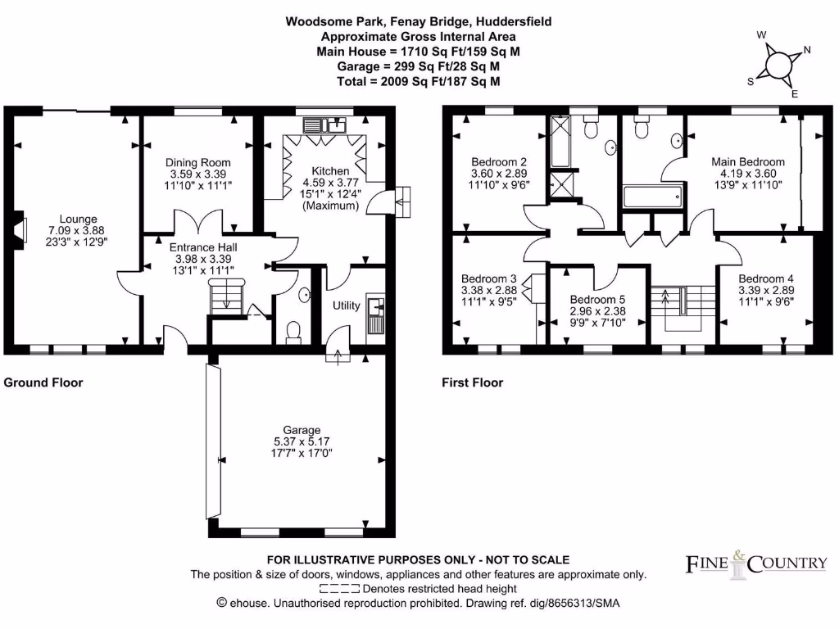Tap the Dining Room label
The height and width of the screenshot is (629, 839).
198,162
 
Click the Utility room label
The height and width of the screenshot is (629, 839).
347,305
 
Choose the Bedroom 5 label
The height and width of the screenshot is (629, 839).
598,299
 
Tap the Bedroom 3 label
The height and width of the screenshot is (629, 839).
488,278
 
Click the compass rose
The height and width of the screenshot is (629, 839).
778,63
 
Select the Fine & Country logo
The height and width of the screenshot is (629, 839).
755,562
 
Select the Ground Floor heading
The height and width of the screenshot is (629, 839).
43,382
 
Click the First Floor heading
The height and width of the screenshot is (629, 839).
472,382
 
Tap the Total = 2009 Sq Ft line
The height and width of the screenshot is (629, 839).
419,81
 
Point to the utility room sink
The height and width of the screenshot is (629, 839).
378,307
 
